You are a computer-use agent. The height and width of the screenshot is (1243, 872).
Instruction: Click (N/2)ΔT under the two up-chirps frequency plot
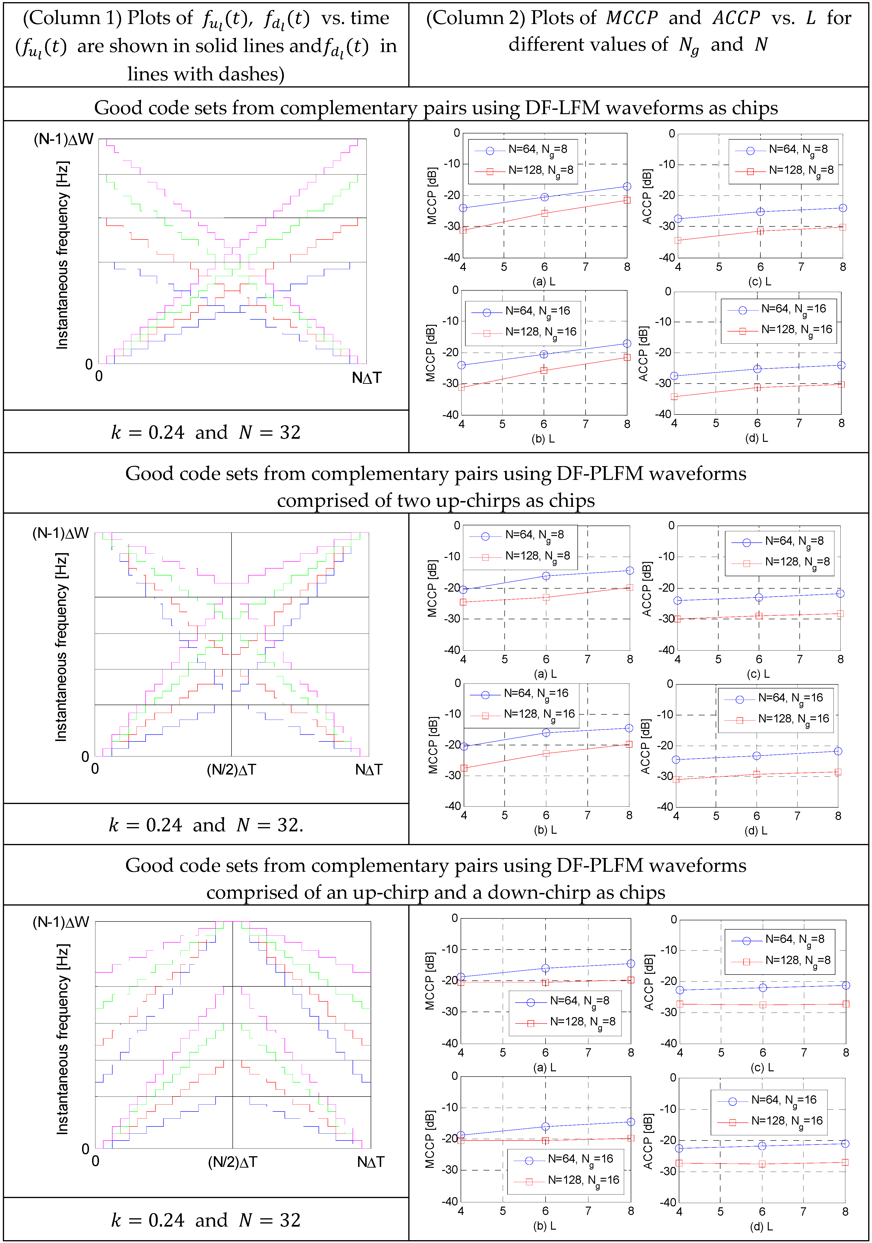231,770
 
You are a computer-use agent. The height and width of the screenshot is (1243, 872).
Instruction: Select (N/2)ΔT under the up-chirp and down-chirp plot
232,1162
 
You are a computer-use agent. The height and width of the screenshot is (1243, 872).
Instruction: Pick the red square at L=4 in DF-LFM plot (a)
463,230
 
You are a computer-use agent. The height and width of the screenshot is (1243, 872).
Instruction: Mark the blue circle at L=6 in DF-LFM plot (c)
760,212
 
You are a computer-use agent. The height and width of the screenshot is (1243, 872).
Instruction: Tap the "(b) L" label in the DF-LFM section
543,439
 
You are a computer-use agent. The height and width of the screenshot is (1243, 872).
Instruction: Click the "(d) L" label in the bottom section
761,1226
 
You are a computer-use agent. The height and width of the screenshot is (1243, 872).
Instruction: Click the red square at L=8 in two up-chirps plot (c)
840,614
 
